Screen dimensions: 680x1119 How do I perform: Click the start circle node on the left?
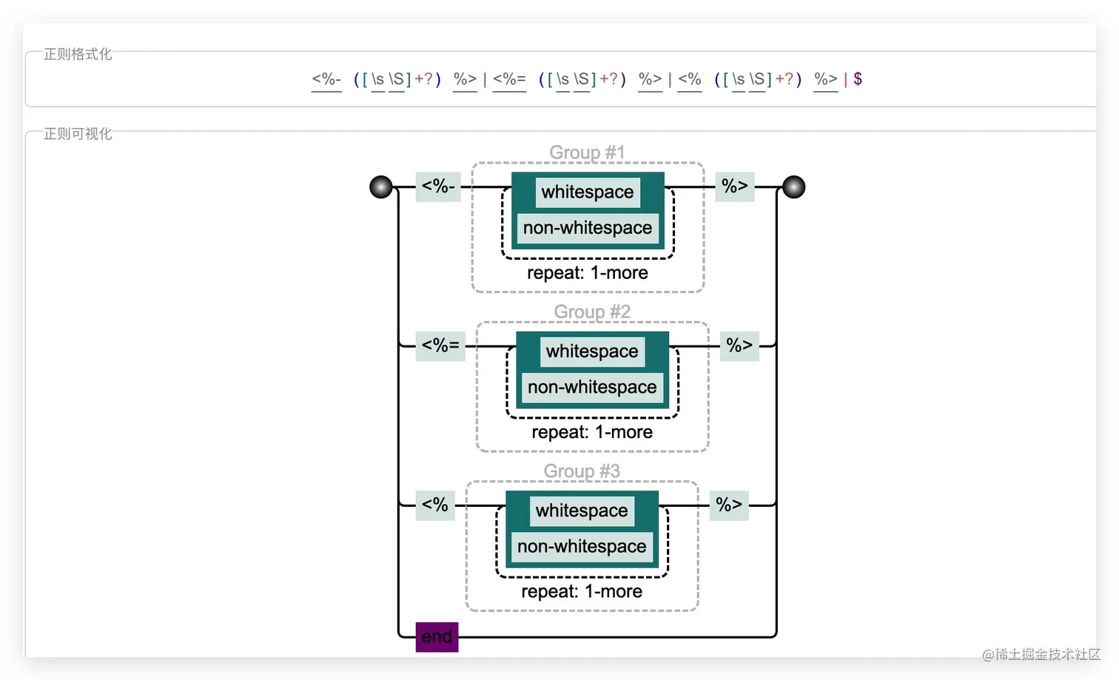(x=381, y=187)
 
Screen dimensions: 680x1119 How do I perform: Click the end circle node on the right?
(x=793, y=187)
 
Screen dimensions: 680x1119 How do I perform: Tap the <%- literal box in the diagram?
(x=438, y=186)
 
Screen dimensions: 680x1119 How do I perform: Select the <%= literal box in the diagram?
(x=440, y=346)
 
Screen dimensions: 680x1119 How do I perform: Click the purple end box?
(x=437, y=637)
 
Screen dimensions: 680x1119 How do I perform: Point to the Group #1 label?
(x=587, y=152)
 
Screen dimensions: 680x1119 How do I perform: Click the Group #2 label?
(x=592, y=312)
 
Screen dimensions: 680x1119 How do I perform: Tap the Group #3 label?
(x=582, y=471)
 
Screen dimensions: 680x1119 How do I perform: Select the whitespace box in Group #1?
(x=588, y=192)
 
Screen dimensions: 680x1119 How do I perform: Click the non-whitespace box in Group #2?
(x=592, y=387)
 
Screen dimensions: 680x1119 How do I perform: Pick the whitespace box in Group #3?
(x=582, y=511)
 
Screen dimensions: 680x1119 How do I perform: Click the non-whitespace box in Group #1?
(x=588, y=228)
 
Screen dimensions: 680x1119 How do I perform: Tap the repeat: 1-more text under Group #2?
(x=592, y=432)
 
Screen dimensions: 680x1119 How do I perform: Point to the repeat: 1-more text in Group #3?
(x=582, y=591)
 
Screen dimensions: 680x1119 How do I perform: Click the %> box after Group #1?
(x=735, y=186)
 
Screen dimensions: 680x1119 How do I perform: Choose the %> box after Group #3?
(x=729, y=505)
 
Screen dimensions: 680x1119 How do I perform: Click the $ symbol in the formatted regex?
(x=858, y=79)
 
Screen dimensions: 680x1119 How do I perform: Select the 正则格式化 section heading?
(x=78, y=54)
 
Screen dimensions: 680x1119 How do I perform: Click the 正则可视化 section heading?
(x=78, y=134)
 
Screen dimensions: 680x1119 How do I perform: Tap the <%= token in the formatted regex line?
(x=509, y=79)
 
